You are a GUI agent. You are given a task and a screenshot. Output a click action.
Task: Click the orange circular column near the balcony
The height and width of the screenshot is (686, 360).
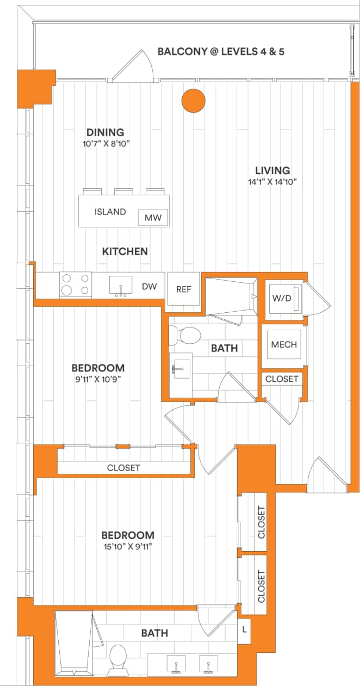pyautogui.click(x=193, y=101)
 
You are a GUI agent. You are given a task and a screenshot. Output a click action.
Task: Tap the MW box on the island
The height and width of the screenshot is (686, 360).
pyautogui.click(x=153, y=218)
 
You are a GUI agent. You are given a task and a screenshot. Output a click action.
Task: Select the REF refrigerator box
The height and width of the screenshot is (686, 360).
pyautogui.click(x=184, y=289)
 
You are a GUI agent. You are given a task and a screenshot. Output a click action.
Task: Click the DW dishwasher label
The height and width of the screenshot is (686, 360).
pyautogui.click(x=150, y=286)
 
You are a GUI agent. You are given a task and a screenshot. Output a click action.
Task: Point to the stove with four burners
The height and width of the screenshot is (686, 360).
pyautogui.click(x=76, y=285)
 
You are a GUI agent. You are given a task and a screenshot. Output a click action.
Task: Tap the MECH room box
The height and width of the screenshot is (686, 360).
pyautogui.click(x=284, y=344)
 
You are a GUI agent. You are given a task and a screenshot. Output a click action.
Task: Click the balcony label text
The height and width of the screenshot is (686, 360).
pyautogui.click(x=221, y=52)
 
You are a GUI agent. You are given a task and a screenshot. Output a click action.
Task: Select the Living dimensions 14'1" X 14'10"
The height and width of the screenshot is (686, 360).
pyautogui.click(x=272, y=182)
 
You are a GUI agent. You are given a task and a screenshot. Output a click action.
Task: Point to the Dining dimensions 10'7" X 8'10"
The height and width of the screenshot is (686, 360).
pyautogui.click(x=105, y=144)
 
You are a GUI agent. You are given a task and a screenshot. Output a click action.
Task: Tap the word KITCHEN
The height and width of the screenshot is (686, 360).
pyautogui.click(x=125, y=251)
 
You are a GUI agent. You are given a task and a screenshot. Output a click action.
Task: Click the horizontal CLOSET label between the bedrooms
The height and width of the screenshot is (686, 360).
pyautogui.click(x=123, y=468)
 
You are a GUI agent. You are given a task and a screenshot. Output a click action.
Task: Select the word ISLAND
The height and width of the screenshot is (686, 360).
pyautogui.click(x=110, y=212)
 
